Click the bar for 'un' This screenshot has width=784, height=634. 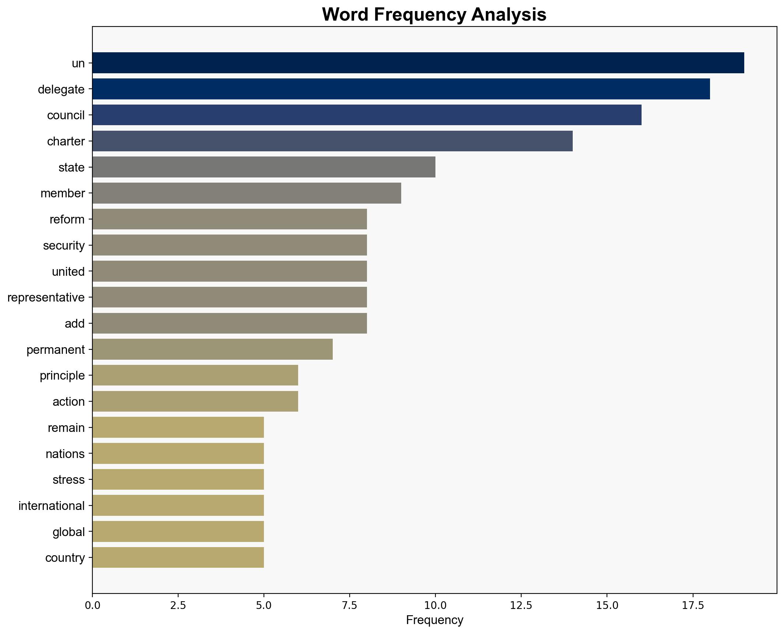pos(418,63)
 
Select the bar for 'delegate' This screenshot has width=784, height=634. pos(401,89)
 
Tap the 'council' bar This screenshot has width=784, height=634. pos(367,115)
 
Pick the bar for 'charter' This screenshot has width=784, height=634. pos(332,141)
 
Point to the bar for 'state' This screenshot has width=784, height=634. pos(264,167)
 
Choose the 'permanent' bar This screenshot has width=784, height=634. pos(212,349)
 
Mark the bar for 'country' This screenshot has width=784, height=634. pos(178,558)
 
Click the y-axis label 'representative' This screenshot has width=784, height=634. pos(46,297)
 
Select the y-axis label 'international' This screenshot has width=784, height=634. pos(52,506)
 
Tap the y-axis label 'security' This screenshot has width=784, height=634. pos(64,246)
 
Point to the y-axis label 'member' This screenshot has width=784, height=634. pos(63,193)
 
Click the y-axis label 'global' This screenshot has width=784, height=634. pos(68,532)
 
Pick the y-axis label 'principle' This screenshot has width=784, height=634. pos(62,376)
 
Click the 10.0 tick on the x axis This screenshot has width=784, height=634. pos(435,606)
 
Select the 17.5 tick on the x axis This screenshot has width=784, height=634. pos(693,606)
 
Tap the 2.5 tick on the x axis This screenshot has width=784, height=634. pos(178,606)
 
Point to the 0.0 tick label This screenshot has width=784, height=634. pos(92,606)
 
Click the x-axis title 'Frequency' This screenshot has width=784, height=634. pos(434,620)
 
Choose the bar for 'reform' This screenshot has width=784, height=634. pos(230,219)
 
